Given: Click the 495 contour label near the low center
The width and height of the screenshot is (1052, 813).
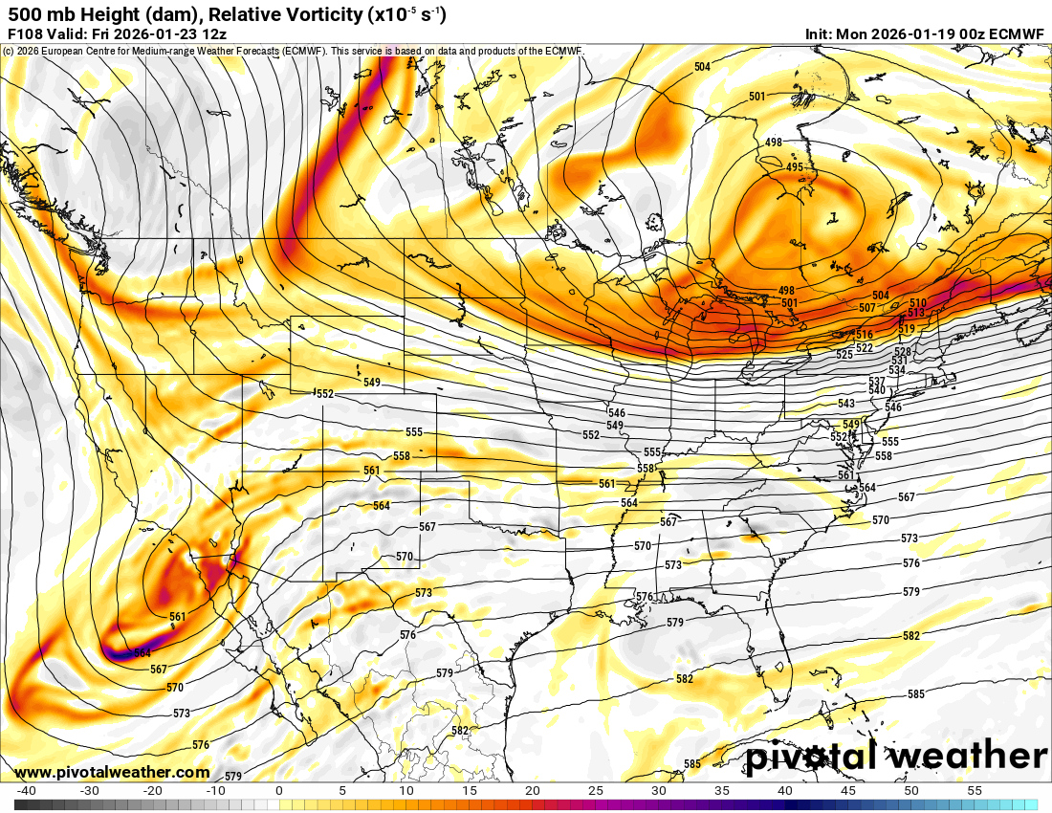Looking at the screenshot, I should coord(794,167).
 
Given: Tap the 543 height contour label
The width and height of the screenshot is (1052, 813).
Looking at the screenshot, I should coord(846,404).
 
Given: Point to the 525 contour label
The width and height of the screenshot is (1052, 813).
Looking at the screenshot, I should coord(844,355).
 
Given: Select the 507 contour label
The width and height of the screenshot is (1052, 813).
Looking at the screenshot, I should coord(867,308).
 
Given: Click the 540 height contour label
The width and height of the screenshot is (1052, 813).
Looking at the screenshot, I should coord(876,390).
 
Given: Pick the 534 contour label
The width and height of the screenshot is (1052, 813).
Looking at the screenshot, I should coord(896,370).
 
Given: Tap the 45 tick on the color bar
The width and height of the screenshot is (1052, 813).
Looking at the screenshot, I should coord(848,791).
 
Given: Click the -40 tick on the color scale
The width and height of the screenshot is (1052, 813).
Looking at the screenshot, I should coord(27,791).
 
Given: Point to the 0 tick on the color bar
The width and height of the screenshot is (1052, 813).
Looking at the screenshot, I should coord(278,791).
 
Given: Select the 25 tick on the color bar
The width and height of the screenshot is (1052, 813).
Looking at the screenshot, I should coord(595,791).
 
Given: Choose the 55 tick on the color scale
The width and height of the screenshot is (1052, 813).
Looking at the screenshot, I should coord(975,791).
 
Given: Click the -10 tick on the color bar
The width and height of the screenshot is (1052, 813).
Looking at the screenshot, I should coord(215,791).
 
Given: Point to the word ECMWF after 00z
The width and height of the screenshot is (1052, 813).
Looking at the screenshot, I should coord(1015,33).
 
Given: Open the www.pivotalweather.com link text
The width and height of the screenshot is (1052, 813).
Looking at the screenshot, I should coord(112,772).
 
